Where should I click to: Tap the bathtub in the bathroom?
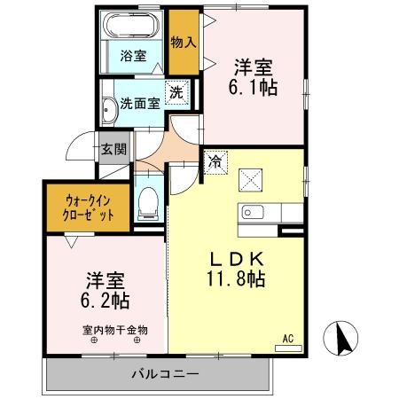pos(134,26)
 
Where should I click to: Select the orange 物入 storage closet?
pos(183,43)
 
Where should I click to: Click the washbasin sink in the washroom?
pos(109,109)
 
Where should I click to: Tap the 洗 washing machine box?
pos(176,91)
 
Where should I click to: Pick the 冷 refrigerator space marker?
pos(215,161)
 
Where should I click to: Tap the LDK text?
pos(233,259)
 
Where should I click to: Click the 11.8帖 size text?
pos(233,278)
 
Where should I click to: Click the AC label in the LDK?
pos(287,337)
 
